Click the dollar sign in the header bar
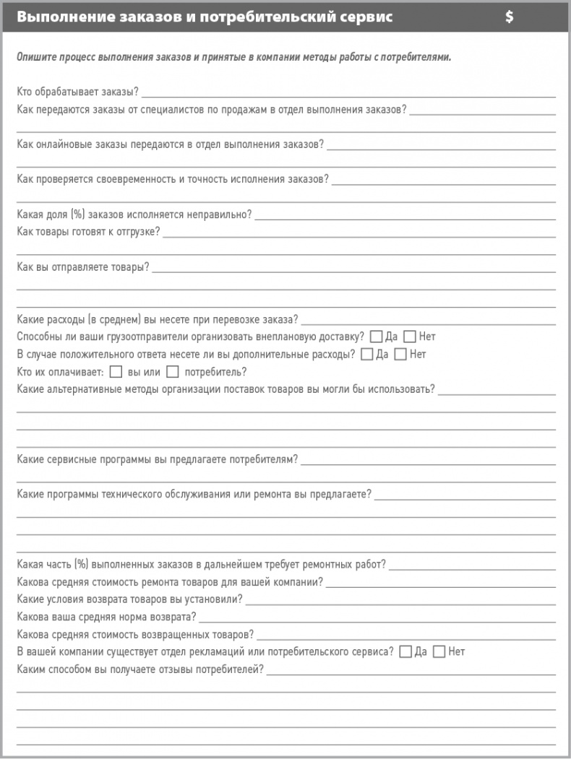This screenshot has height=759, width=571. (510, 17)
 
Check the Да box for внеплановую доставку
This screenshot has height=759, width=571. (376, 337)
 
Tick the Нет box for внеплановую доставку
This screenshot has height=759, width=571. (409, 337)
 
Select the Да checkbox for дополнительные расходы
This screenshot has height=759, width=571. (366, 354)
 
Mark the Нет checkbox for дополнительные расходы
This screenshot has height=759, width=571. (400, 354)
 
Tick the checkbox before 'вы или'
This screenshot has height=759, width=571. (116, 372)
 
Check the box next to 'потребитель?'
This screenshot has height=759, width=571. (172, 372)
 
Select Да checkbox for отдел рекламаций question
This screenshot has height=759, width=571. (405, 651)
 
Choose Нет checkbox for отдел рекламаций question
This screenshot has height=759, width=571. (439, 651)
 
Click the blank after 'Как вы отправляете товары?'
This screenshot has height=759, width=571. (353, 269)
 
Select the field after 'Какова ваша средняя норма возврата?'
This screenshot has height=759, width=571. (377, 619)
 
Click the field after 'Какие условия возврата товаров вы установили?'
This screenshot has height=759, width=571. (400, 601)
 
